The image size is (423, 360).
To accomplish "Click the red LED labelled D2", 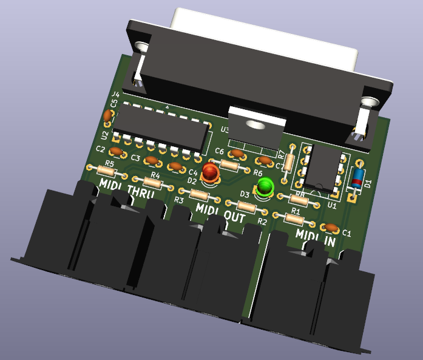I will [211, 172].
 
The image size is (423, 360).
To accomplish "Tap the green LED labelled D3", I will [265, 186].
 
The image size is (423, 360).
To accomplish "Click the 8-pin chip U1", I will [322, 168].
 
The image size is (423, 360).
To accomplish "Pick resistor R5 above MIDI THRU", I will [109, 171].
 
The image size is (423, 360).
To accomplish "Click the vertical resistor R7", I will [290, 160].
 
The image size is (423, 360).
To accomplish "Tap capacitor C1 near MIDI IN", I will [331, 227].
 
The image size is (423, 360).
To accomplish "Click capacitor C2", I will [117, 152].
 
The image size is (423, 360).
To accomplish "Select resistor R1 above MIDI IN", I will [296, 217].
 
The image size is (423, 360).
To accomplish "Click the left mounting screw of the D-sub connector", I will [143, 47].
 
